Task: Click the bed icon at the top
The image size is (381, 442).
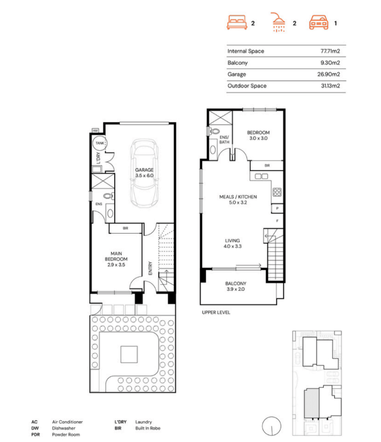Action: (x=237, y=23)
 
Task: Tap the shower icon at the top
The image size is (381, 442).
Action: (x=278, y=23)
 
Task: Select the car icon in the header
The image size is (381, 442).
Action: (x=319, y=23)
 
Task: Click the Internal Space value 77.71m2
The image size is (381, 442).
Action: (x=331, y=51)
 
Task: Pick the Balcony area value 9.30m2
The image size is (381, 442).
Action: (x=332, y=63)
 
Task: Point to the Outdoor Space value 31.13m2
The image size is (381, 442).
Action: (x=331, y=86)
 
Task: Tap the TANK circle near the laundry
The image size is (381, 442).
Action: (x=100, y=144)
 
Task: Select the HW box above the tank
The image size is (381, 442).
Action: (x=96, y=131)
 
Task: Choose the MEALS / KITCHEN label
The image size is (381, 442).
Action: (x=238, y=200)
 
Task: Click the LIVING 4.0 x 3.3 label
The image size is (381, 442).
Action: (x=233, y=244)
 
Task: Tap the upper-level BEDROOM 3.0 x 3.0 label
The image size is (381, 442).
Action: (x=258, y=136)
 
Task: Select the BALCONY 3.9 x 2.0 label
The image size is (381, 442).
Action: (x=236, y=287)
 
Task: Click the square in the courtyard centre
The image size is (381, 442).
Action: (x=129, y=354)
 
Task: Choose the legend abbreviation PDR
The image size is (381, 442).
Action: (x=35, y=434)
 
